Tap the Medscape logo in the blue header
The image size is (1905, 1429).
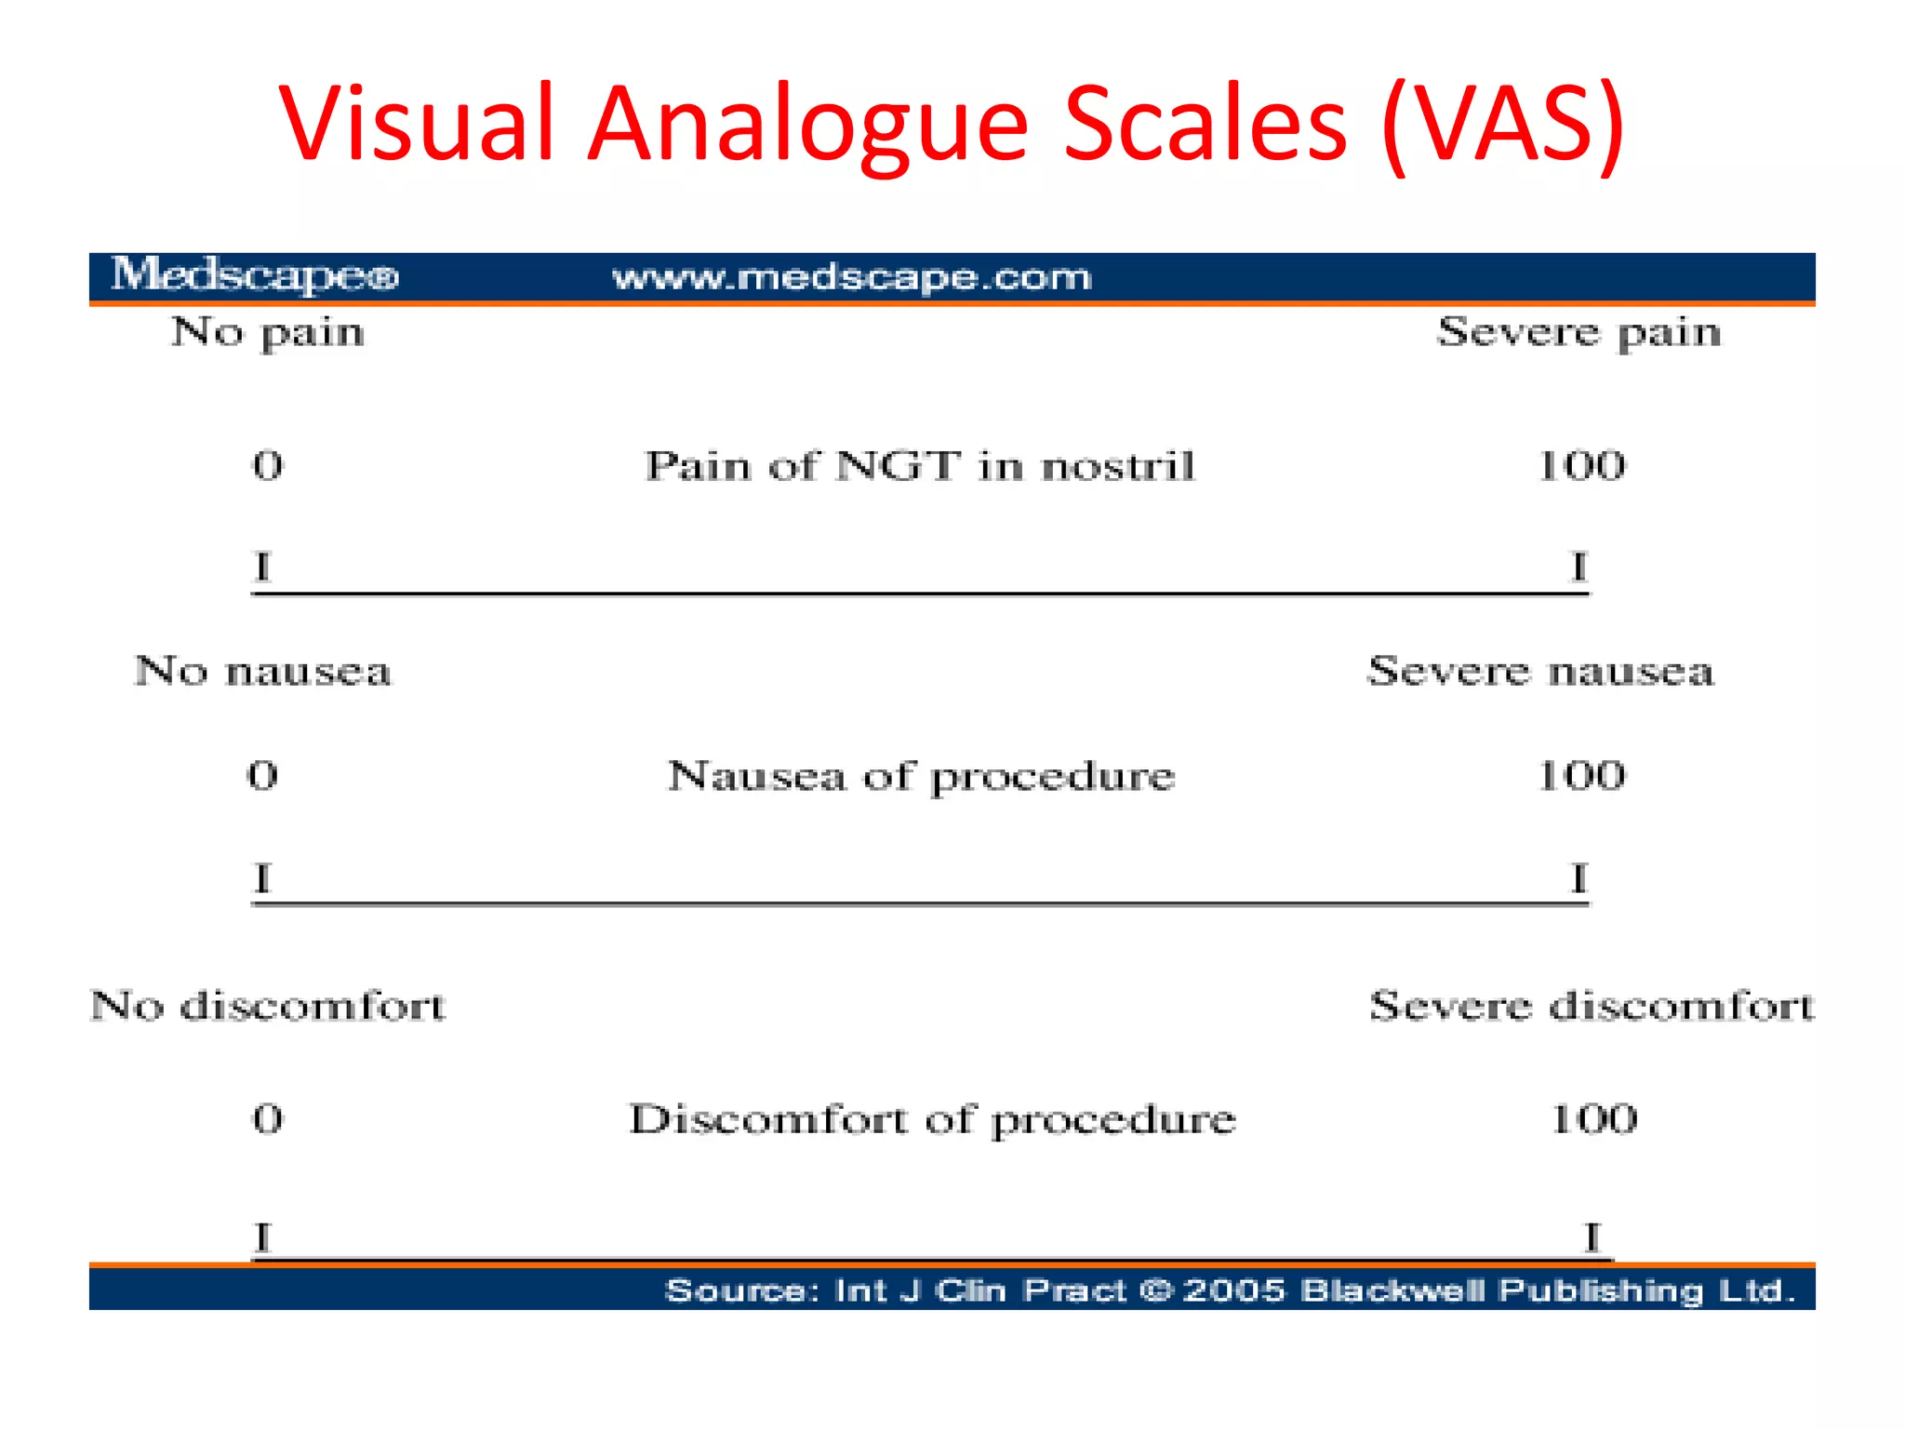click(x=255, y=275)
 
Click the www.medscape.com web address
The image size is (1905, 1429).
click(x=851, y=277)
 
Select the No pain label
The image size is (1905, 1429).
click(x=268, y=333)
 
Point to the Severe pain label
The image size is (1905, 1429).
click(x=1579, y=333)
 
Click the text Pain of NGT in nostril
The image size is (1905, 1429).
click(x=920, y=465)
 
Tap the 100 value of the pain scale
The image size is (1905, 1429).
click(x=1581, y=465)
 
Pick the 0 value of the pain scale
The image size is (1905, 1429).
click(x=268, y=465)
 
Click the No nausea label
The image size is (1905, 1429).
click(x=263, y=671)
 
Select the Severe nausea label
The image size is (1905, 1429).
click(x=1539, y=671)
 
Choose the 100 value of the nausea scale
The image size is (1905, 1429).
click(x=1581, y=775)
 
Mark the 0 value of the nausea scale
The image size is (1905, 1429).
click(x=262, y=775)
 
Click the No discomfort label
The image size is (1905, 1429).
click(x=268, y=1006)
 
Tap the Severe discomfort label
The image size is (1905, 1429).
click(x=1591, y=1006)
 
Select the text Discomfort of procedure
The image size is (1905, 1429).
click(x=932, y=1119)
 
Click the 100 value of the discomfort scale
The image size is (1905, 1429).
click(x=1593, y=1118)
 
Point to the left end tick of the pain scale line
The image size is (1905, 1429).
click(x=263, y=567)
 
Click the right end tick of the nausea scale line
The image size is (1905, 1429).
click(x=1579, y=877)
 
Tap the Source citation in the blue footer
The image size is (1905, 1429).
click(x=1230, y=1290)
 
